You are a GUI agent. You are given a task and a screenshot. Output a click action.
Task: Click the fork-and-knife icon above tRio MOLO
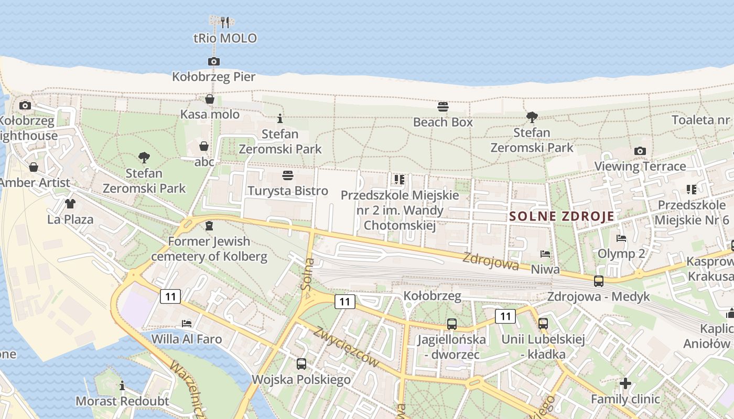(225, 22)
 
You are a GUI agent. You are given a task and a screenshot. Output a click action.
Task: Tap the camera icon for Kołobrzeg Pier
(213, 61)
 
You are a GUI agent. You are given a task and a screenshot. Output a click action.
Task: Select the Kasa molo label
(210, 114)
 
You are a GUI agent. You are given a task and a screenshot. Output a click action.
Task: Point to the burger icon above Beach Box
(443, 107)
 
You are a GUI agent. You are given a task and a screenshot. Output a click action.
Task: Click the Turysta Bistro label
(288, 191)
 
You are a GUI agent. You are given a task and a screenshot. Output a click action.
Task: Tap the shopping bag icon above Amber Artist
(34, 167)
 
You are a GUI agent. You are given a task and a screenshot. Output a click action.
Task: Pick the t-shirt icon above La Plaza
(70, 203)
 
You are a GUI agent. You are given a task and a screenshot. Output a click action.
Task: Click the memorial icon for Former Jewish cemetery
(209, 226)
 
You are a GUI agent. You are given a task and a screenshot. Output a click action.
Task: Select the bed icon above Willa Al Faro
(186, 323)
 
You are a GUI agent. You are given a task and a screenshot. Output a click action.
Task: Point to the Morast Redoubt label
(122, 401)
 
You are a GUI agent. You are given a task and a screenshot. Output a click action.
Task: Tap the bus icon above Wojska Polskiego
(301, 363)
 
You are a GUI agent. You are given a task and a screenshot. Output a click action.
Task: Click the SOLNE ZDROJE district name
(562, 216)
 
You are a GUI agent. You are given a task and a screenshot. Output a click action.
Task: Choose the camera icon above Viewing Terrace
(640, 151)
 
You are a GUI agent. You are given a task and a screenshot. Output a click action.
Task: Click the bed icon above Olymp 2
(621, 238)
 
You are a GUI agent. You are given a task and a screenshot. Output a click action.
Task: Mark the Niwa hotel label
(545, 269)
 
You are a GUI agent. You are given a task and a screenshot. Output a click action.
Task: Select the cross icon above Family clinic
(624, 383)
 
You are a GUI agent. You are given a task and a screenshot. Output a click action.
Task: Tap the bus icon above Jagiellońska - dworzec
(451, 324)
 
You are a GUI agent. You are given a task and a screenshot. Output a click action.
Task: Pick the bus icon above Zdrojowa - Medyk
(598, 281)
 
